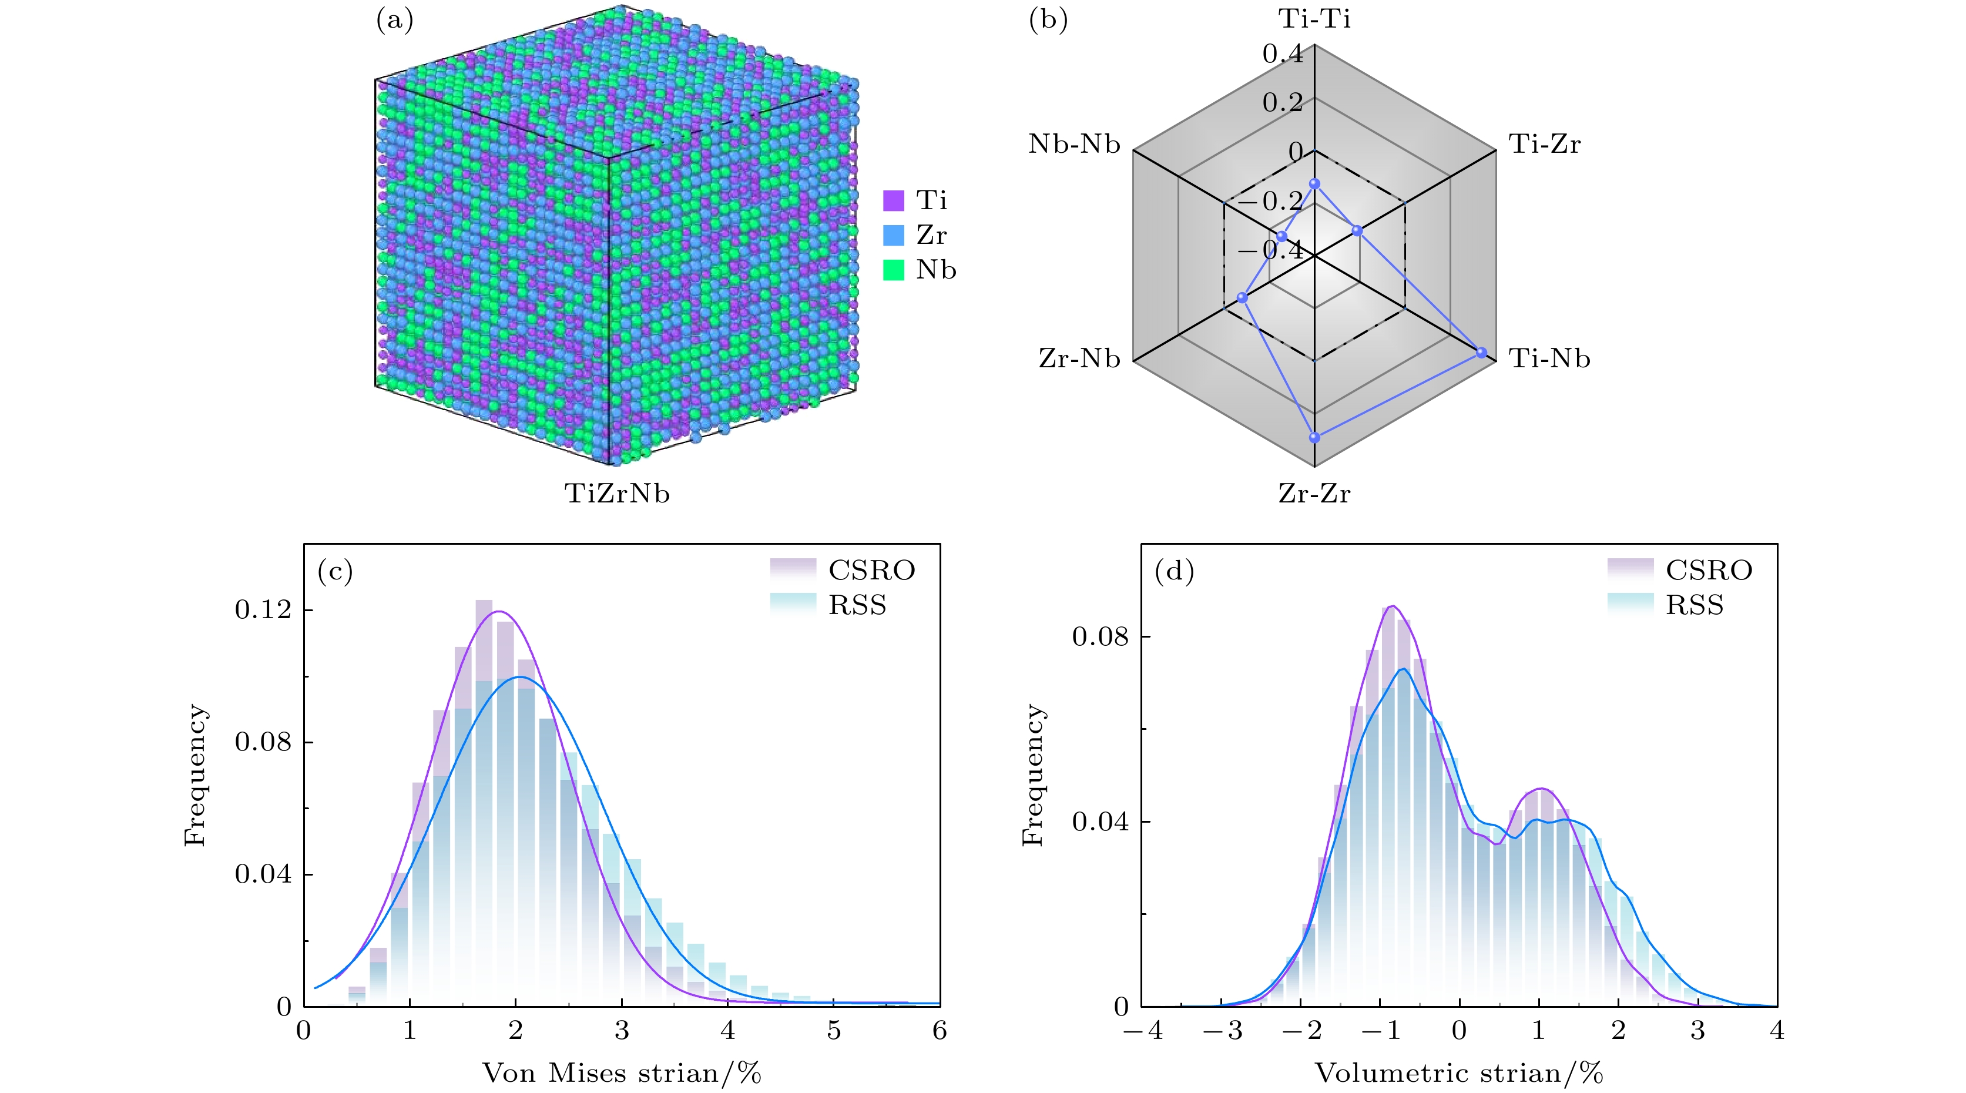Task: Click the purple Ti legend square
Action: pos(893,201)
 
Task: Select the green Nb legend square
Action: pos(893,270)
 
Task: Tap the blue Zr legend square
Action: pos(893,235)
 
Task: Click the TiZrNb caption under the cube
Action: pos(617,494)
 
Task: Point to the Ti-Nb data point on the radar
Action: pos(1481,353)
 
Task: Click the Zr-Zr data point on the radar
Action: pos(1314,437)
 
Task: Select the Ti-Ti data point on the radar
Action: pos(1314,184)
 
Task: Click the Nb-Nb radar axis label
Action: pos(1074,144)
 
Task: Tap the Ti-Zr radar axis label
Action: pos(1545,144)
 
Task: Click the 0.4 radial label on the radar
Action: pos(1282,53)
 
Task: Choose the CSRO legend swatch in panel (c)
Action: pos(792,569)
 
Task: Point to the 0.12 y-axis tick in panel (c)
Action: pos(263,610)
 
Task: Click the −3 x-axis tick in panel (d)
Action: pos(1223,1031)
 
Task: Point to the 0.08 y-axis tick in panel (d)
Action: pos(1100,636)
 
